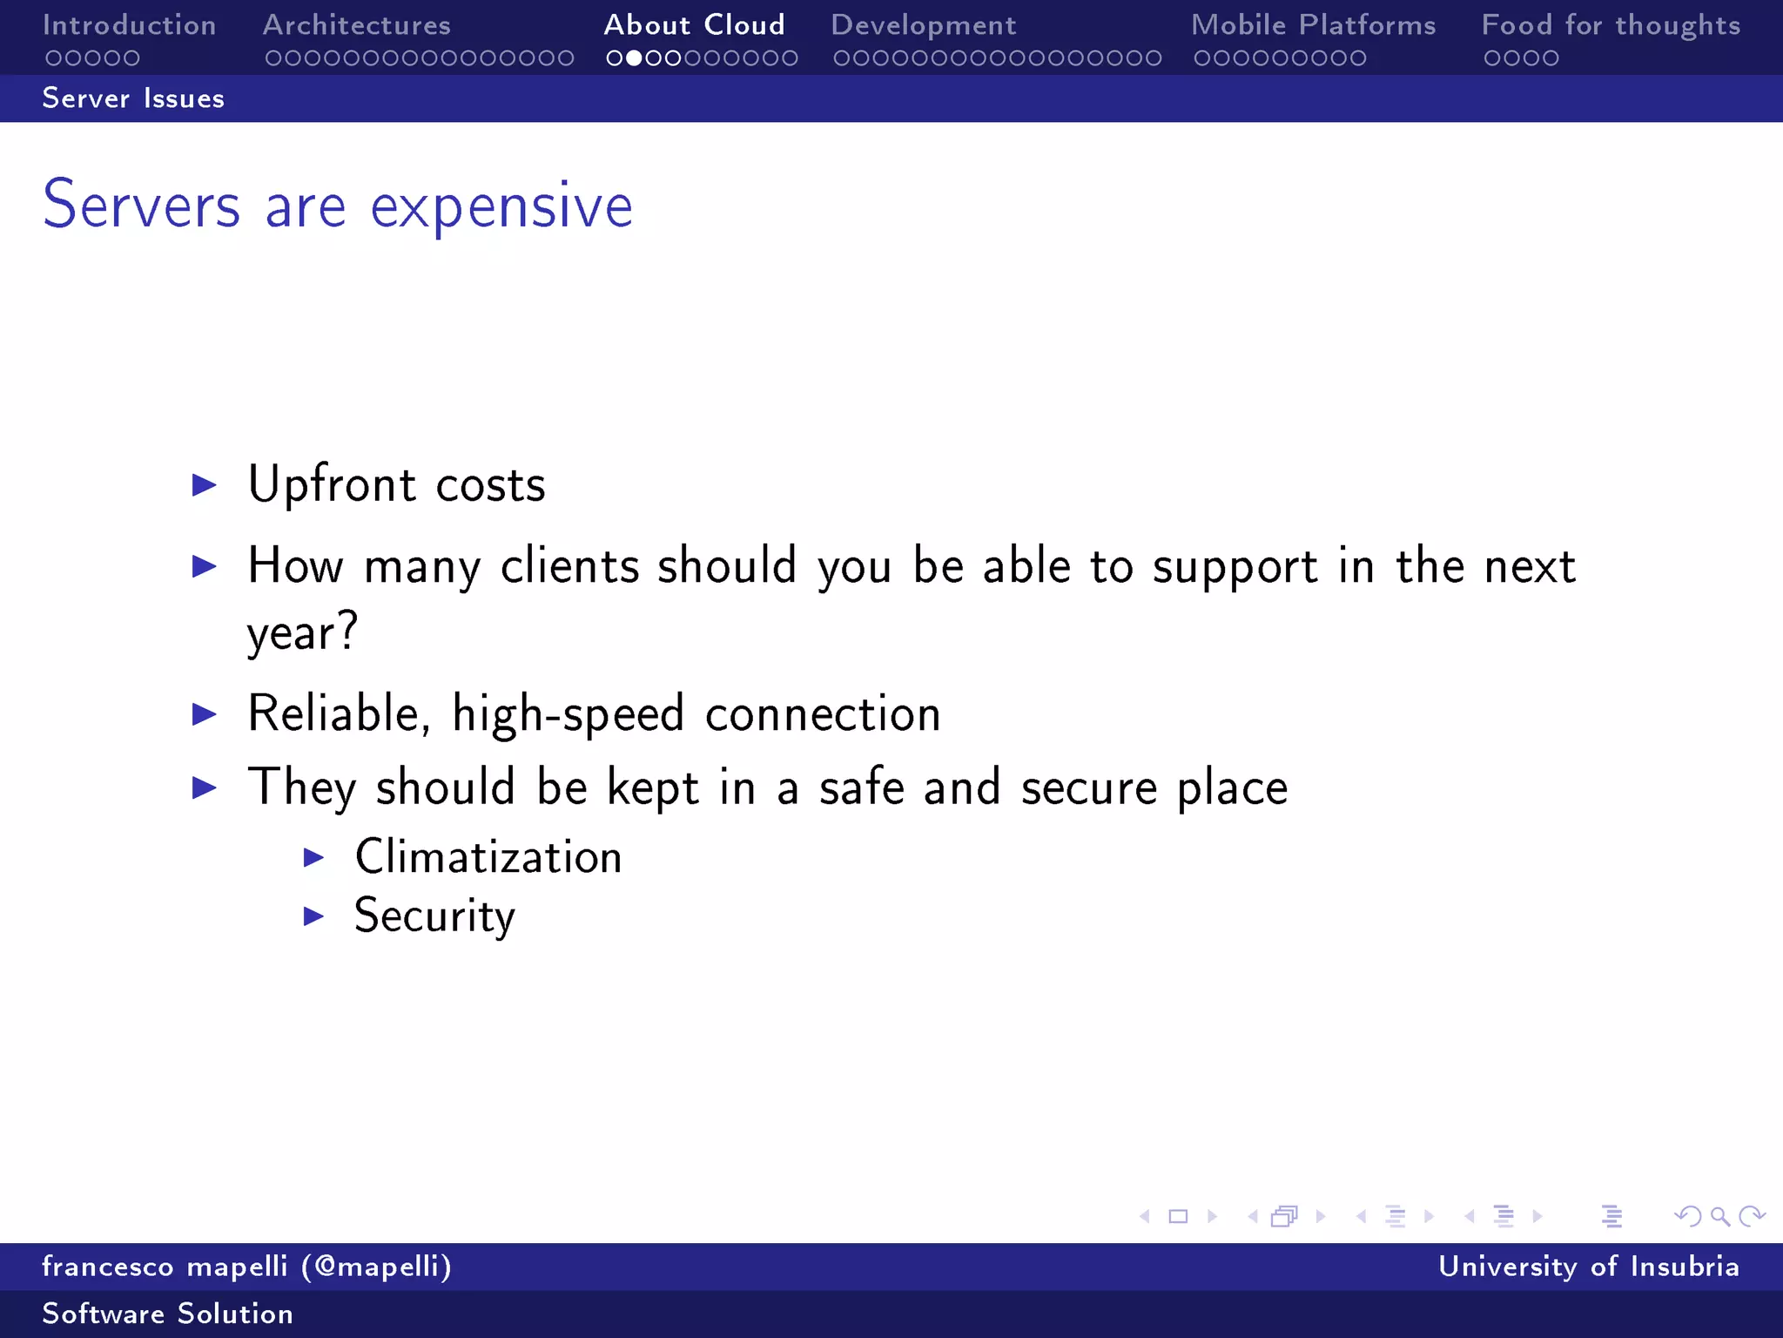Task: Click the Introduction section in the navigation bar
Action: coord(129,25)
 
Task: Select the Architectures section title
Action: coord(357,25)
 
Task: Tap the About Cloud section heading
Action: coord(694,25)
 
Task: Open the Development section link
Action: coord(923,25)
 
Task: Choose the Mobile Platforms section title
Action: coord(1313,25)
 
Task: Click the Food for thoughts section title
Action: coord(1611,25)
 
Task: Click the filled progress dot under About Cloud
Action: coord(634,58)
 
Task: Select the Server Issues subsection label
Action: coord(133,98)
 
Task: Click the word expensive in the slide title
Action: coord(501,207)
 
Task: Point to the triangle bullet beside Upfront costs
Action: coord(204,485)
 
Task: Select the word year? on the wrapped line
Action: coord(302,632)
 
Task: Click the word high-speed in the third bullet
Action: coord(568,714)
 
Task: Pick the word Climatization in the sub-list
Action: coord(488,857)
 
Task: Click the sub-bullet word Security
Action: coord(434,916)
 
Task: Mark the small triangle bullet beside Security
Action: coord(313,916)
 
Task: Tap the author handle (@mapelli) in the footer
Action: coord(377,1267)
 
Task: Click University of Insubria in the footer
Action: coord(1588,1267)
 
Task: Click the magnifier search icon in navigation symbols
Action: coord(1719,1216)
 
